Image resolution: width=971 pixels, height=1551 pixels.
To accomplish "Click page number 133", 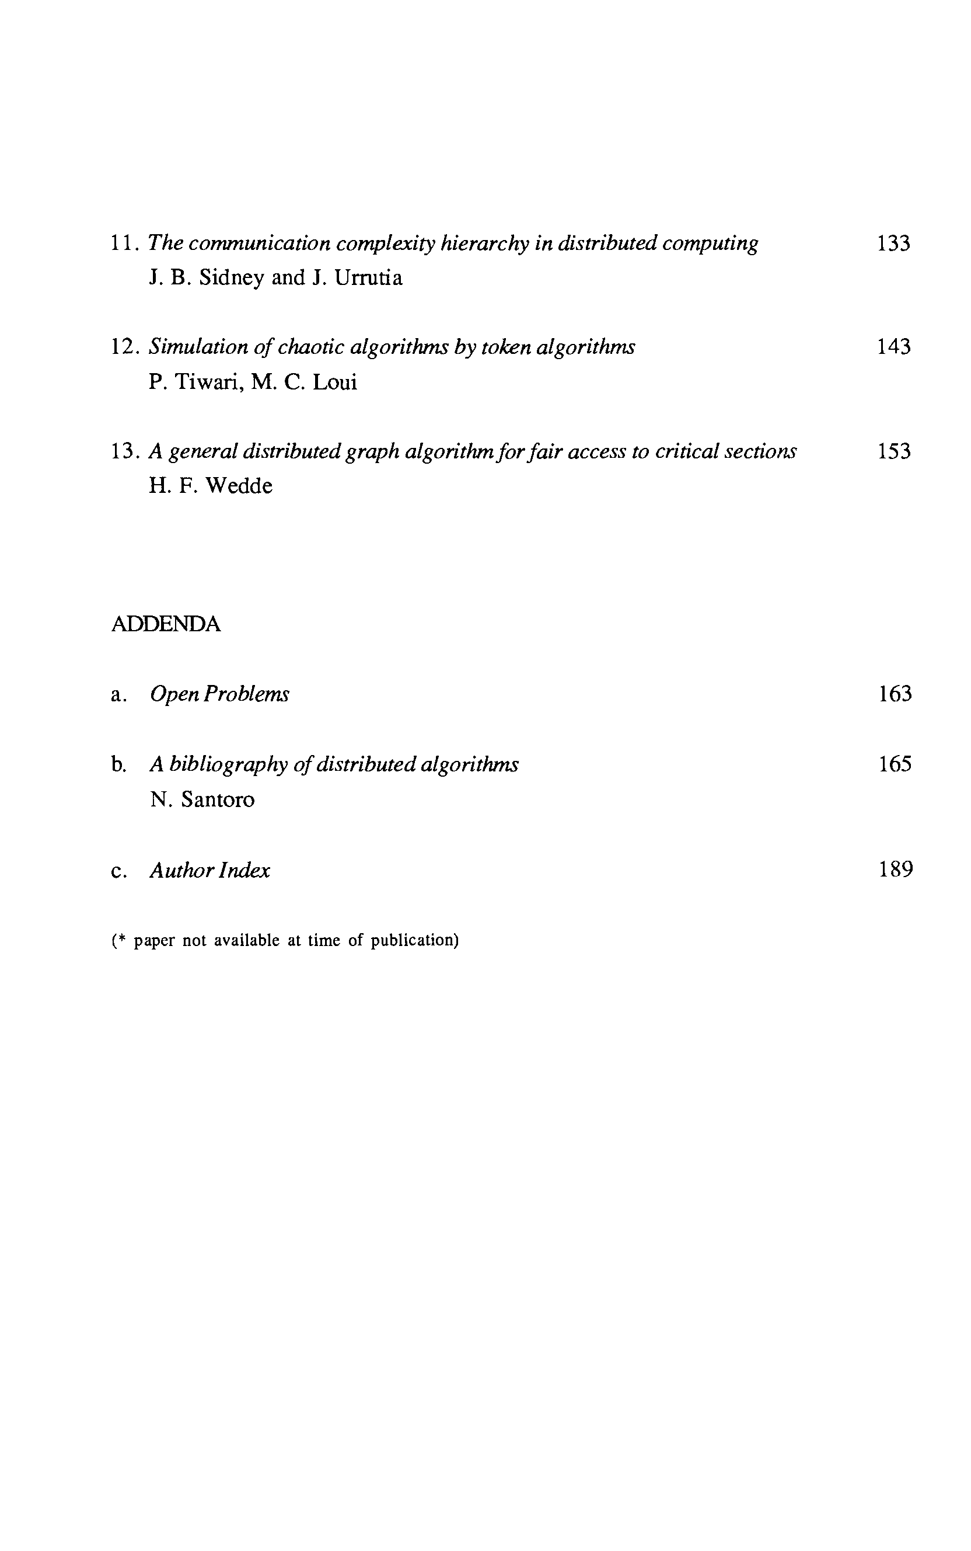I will click(893, 244).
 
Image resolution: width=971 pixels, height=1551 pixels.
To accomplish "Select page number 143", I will click(893, 347).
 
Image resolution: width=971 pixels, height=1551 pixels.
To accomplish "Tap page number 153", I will click(893, 451).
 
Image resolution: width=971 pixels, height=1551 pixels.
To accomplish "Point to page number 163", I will click(895, 694).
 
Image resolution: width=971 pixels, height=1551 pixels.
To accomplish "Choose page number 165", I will click(895, 764).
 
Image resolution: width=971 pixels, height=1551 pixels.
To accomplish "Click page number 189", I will click(895, 870).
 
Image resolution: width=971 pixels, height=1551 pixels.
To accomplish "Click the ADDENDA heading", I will click(166, 624).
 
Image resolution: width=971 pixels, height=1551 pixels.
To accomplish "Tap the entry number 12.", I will click(124, 347).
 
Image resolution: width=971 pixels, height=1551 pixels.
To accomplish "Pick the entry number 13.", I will click(124, 451).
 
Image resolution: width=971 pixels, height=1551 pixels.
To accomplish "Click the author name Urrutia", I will click(369, 278).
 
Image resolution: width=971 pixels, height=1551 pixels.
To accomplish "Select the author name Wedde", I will click(238, 486).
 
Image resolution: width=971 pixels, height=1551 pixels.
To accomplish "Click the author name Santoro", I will click(218, 800).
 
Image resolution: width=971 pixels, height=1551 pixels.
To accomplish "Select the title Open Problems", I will click(219, 694).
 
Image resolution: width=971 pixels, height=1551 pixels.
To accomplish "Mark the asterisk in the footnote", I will click(121, 940).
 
